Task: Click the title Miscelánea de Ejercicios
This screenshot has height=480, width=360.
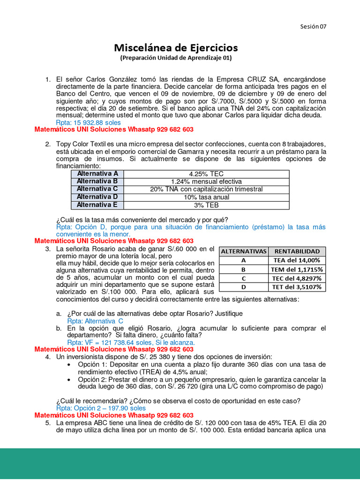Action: point(176,48)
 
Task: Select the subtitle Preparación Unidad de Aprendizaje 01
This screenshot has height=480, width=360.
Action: point(176,58)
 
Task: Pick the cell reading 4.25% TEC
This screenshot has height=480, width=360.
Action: point(206,174)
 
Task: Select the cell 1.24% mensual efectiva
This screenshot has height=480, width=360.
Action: point(206,181)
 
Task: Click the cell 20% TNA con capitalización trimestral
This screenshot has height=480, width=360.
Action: point(206,189)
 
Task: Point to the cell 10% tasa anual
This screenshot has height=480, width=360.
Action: point(206,197)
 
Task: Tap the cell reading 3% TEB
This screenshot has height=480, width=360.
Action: point(206,205)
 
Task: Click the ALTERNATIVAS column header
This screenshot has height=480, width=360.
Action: point(243,251)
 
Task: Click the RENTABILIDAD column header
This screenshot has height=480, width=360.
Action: point(297,251)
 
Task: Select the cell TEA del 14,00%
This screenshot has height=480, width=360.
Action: point(297,260)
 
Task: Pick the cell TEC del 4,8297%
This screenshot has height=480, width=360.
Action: point(297,278)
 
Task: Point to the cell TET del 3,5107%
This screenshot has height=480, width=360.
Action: point(297,287)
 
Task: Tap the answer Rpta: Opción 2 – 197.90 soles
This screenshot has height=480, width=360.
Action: point(101,408)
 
